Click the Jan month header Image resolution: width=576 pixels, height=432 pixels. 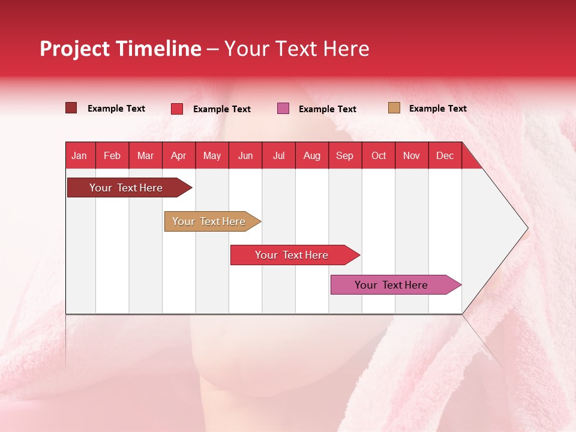coord(80,155)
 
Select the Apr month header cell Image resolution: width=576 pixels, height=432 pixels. coord(179,155)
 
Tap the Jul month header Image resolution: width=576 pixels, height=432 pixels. coord(278,155)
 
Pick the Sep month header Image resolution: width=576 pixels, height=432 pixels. coord(345,155)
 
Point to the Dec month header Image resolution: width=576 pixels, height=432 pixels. coord(445,155)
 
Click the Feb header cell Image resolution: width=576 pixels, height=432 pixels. coord(112,155)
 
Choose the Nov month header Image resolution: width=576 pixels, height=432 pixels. coord(412,155)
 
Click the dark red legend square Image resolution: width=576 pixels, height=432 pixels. coord(71,108)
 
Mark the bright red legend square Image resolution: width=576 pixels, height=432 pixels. coord(177,109)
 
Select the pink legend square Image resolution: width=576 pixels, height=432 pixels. coord(283,109)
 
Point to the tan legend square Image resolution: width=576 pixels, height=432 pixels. coord(394,108)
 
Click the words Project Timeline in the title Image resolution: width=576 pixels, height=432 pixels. coord(121,49)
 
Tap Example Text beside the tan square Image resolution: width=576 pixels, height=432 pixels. coord(437,109)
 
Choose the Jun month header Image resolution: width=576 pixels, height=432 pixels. coord(245,155)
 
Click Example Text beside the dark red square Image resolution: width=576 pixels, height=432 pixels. coord(116,109)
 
